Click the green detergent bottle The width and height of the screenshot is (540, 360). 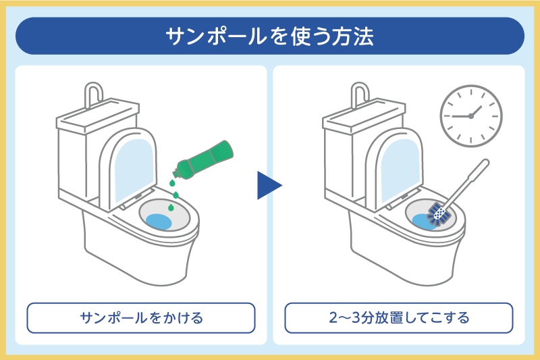point(203,159)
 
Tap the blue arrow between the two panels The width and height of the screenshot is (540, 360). point(268,185)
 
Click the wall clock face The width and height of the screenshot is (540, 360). point(470,116)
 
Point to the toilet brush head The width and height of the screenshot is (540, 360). point(438,215)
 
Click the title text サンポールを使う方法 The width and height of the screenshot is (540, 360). point(269,36)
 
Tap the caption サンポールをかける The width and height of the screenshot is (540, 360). point(141,317)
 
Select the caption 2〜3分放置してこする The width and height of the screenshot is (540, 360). point(399,317)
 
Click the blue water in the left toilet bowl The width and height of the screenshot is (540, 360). point(159,222)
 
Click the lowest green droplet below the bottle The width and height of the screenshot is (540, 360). point(171,207)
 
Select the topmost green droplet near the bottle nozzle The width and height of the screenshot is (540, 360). point(172,182)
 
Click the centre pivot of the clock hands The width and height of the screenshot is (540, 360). point(470,116)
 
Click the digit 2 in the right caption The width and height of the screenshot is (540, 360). point(333,317)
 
